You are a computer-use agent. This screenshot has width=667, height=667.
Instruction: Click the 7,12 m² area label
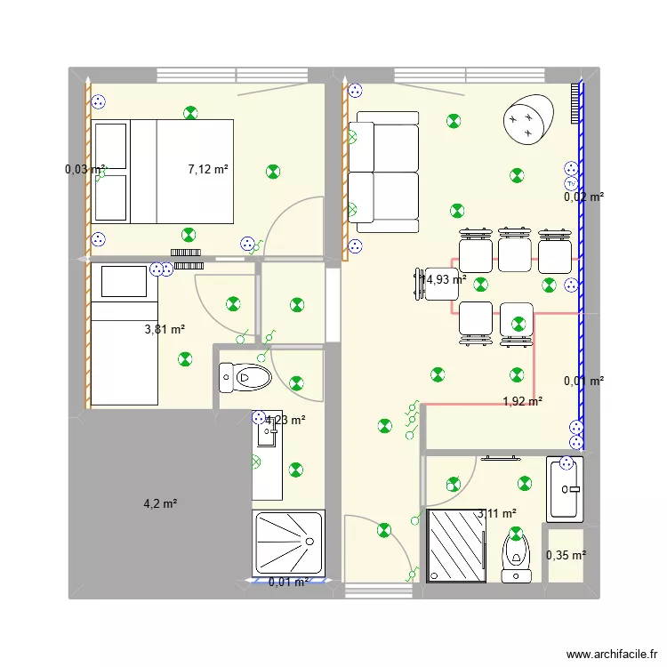(208, 169)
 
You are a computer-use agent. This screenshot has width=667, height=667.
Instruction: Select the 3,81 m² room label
(165, 329)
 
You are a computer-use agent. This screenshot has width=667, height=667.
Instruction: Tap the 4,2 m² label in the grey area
(160, 503)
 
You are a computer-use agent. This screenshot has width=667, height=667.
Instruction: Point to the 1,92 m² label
(522, 401)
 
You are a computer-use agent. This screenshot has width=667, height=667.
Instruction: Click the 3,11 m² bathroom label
(497, 513)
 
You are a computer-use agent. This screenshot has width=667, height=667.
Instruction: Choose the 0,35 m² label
(566, 556)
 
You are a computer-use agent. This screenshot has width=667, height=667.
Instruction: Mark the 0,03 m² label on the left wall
(85, 169)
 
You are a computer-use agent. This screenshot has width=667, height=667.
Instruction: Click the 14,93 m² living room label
(445, 279)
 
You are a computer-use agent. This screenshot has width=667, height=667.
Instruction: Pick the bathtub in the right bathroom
(565, 488)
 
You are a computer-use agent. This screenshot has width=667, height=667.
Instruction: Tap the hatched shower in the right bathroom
(457, 544)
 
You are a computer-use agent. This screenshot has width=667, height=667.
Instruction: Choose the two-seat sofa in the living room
(384, 171)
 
